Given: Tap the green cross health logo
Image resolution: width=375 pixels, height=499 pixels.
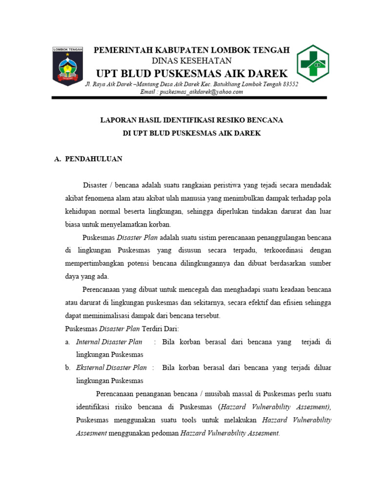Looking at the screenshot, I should tap(313, 64).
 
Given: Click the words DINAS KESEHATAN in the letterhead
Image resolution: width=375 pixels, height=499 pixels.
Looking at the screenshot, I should tap(191, 60).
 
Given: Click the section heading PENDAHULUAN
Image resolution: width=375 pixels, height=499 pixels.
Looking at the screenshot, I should tap(94, 159).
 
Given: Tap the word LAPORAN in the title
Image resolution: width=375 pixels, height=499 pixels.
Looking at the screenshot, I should tap(117, 119).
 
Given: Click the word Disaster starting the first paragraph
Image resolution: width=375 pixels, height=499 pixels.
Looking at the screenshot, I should tap(95, 186).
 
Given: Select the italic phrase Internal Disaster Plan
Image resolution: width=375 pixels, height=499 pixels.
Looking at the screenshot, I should tap(109, 342).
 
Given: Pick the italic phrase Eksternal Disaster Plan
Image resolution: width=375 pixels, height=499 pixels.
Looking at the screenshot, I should tap(111, 367).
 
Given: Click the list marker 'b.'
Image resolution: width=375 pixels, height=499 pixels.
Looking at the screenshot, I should tap(68, 367).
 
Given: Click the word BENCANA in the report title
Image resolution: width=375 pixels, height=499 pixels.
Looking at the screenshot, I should tap(266, 119).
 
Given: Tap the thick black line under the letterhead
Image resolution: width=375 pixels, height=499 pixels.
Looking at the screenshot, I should tap(189, 98).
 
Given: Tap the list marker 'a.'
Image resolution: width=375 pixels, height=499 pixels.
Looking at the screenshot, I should tap(68, 342).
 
